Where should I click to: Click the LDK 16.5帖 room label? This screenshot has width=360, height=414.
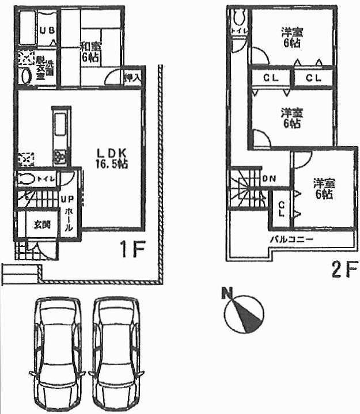tap(111, 158)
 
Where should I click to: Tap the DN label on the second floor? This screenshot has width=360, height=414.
tap(268, 178)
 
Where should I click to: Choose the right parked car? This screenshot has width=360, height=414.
tap(116, 354)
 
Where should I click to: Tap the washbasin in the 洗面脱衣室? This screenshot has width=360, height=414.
tap(25, 76)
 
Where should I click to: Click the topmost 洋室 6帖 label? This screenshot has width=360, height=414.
tap(290, 37)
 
